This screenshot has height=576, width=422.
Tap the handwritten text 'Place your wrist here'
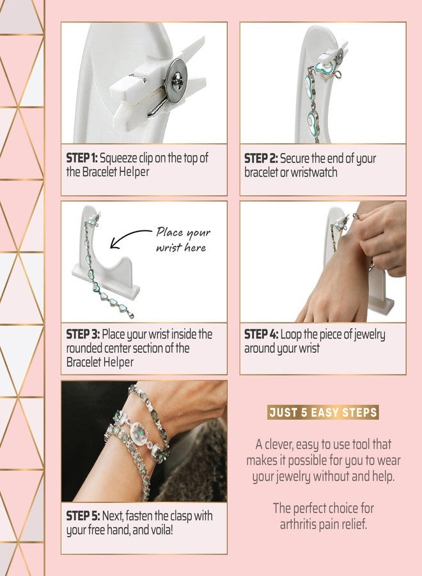click(183, 239)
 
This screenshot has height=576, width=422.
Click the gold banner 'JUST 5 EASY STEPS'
click(323, 413)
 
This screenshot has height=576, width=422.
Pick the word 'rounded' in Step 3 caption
click(86, 349)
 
